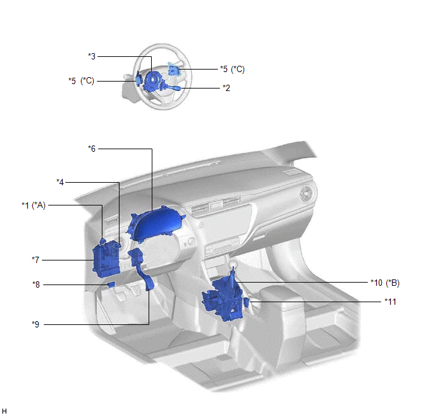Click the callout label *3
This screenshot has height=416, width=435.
pos(92,56)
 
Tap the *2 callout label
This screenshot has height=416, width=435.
pos(226,88)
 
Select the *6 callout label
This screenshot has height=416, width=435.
pos(92,149)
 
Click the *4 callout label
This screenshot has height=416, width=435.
pos(60,182)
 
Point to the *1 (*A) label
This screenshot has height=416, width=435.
pos(34,205)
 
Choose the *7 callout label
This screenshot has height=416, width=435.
pos(35,260)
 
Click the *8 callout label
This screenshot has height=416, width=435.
pos(36,284)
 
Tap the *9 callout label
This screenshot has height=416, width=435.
pos(35,324)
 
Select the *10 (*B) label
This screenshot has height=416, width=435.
pos(385,283)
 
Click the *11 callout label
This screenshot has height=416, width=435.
pos(390,302)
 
